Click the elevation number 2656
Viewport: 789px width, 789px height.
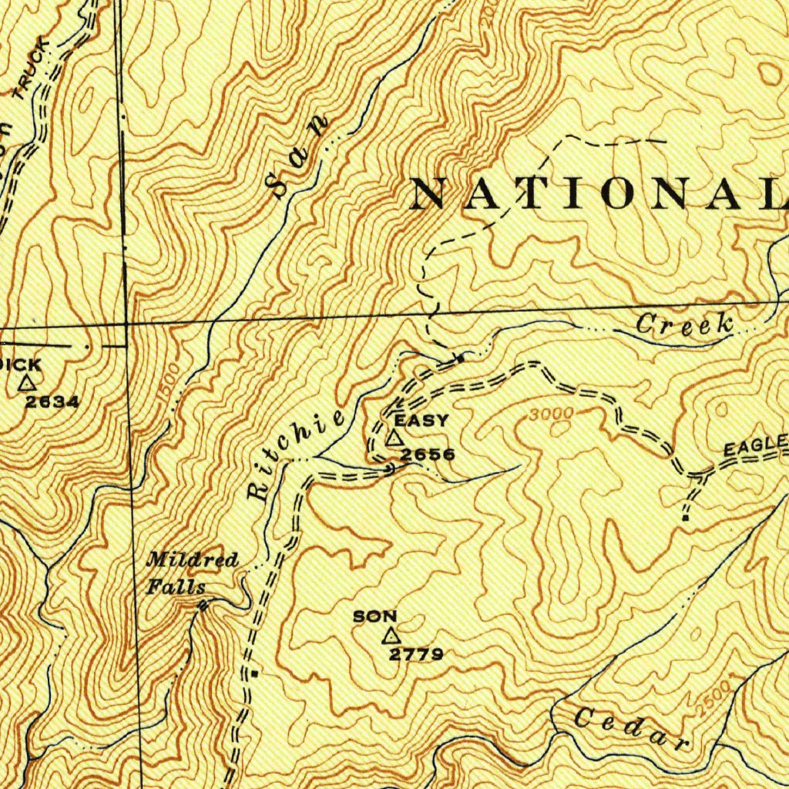coord(427,455)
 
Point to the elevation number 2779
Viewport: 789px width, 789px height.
coord(416,655)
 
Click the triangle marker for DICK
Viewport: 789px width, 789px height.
coord(28,382)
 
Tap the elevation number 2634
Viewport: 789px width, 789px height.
coord(52,401)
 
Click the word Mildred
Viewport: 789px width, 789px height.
coord(193,560)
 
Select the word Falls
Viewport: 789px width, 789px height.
coord(177,587)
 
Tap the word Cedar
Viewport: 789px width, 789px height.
coord(632,728)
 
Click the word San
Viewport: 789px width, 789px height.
coord(297,159)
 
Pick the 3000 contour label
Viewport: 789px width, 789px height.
coord(552,415)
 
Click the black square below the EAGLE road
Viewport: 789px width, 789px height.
coord(685,519)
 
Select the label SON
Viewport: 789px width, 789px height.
coord(374,616)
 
